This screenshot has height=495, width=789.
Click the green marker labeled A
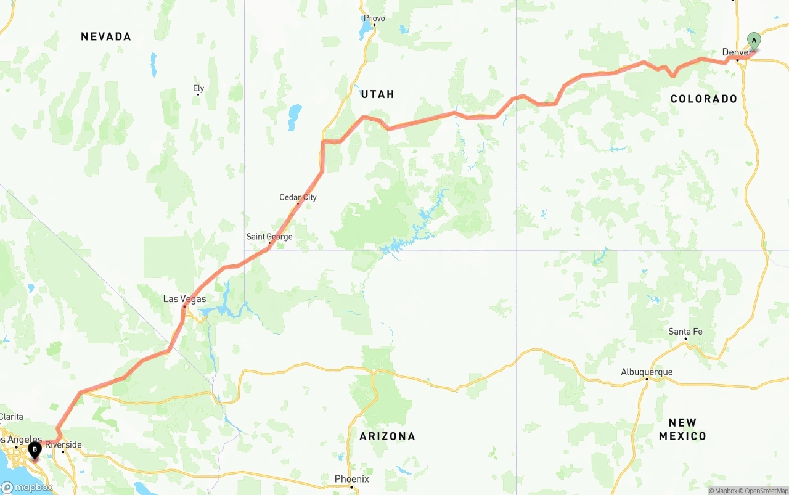click(753, 41)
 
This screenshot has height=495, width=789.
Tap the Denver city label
click(737, 52)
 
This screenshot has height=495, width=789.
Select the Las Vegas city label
click(184, 299)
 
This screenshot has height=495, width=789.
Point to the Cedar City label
click(298, 197)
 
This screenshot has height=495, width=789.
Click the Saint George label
click(269, 237)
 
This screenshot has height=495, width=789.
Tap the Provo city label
click(374, 18)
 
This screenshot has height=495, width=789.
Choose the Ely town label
click(198, 88)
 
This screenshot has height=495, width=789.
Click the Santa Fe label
click(685, 332)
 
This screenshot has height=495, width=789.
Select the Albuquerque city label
click(647, 372)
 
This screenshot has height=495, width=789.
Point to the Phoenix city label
click(351, 479)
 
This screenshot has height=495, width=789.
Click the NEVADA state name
click(106, 37)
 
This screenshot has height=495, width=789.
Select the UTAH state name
click(377, 94)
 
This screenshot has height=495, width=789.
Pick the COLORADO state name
click(703, 99)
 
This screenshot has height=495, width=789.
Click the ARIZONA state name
click(387, 436)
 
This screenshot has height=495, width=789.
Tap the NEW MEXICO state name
click(682, 429)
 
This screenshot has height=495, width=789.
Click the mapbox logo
click(27, 487)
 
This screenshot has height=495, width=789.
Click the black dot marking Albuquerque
click(647, 379)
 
